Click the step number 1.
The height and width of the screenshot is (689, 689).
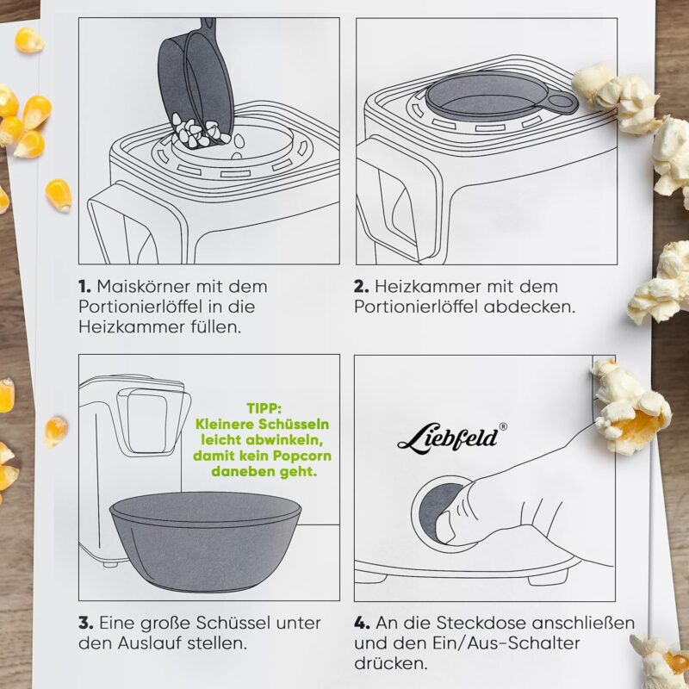(x=84, y=287)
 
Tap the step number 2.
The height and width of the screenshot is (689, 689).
(x=361, y=287)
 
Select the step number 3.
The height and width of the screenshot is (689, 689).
(x=85, y=623)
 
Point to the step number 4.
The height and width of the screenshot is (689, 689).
(x=362, y=623)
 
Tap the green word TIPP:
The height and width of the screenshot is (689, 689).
(x=264, y=408)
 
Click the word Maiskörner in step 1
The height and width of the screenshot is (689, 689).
(x=144, y=287)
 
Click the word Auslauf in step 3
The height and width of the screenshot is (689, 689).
(x=149, y=643)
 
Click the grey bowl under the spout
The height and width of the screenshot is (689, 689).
(x=206, y=542)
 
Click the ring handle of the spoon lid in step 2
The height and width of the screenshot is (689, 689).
(x=562, y=102)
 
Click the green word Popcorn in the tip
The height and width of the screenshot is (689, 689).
(x=302, y=456)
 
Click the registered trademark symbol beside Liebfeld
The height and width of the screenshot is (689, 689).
(x=503, y=426)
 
